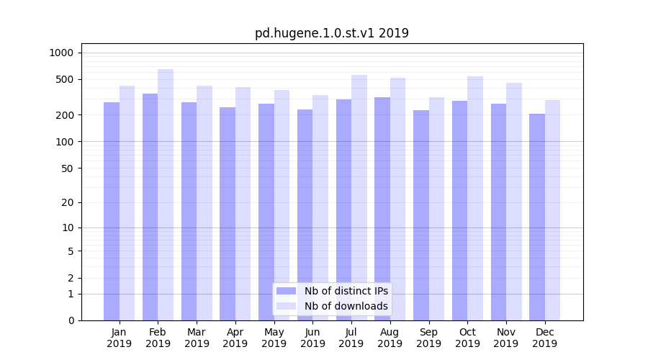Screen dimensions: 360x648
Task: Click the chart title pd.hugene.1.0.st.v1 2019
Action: (332, 33)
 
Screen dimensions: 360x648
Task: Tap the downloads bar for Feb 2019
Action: (166, 194)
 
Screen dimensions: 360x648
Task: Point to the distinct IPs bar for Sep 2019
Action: (421, 215)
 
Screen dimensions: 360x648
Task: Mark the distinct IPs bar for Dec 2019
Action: (537, 217)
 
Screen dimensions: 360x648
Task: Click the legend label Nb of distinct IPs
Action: (346, 291)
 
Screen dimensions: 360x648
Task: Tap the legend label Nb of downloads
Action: (346, 306)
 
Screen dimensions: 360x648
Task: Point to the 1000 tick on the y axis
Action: (62, 53)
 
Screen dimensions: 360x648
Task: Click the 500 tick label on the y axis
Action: (66, 79)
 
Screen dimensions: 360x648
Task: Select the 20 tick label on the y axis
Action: (68, 202)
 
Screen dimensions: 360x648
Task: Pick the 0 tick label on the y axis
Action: (71, 320)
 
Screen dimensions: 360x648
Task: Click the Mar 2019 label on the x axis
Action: (197, 338)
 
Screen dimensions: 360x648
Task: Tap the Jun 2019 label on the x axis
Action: (312, 338)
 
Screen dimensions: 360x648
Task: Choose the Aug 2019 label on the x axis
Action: (390, 338)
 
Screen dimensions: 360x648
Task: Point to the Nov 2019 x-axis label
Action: (506, 338)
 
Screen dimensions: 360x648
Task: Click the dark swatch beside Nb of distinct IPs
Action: (287, 291)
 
